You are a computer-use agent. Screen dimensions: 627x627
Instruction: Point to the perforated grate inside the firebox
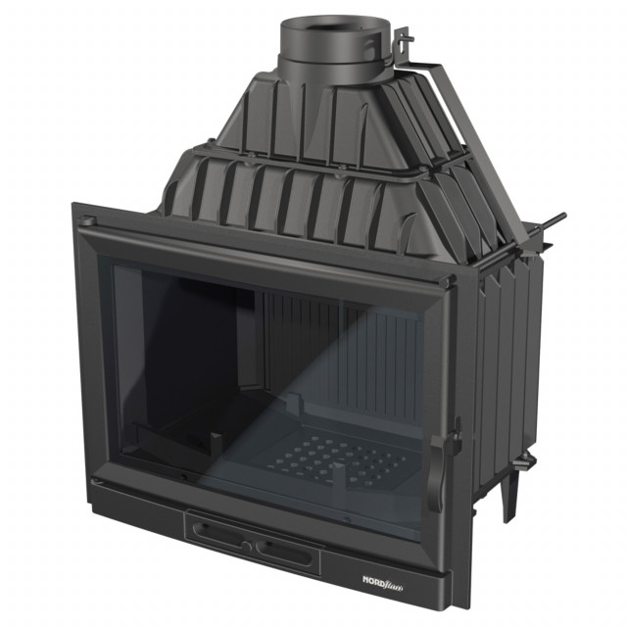point(338,455)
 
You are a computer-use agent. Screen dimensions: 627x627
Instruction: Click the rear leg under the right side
point(510,500)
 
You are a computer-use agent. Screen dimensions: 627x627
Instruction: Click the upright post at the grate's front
point(338,480)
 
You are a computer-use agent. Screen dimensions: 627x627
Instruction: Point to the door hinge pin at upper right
point(452,282)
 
